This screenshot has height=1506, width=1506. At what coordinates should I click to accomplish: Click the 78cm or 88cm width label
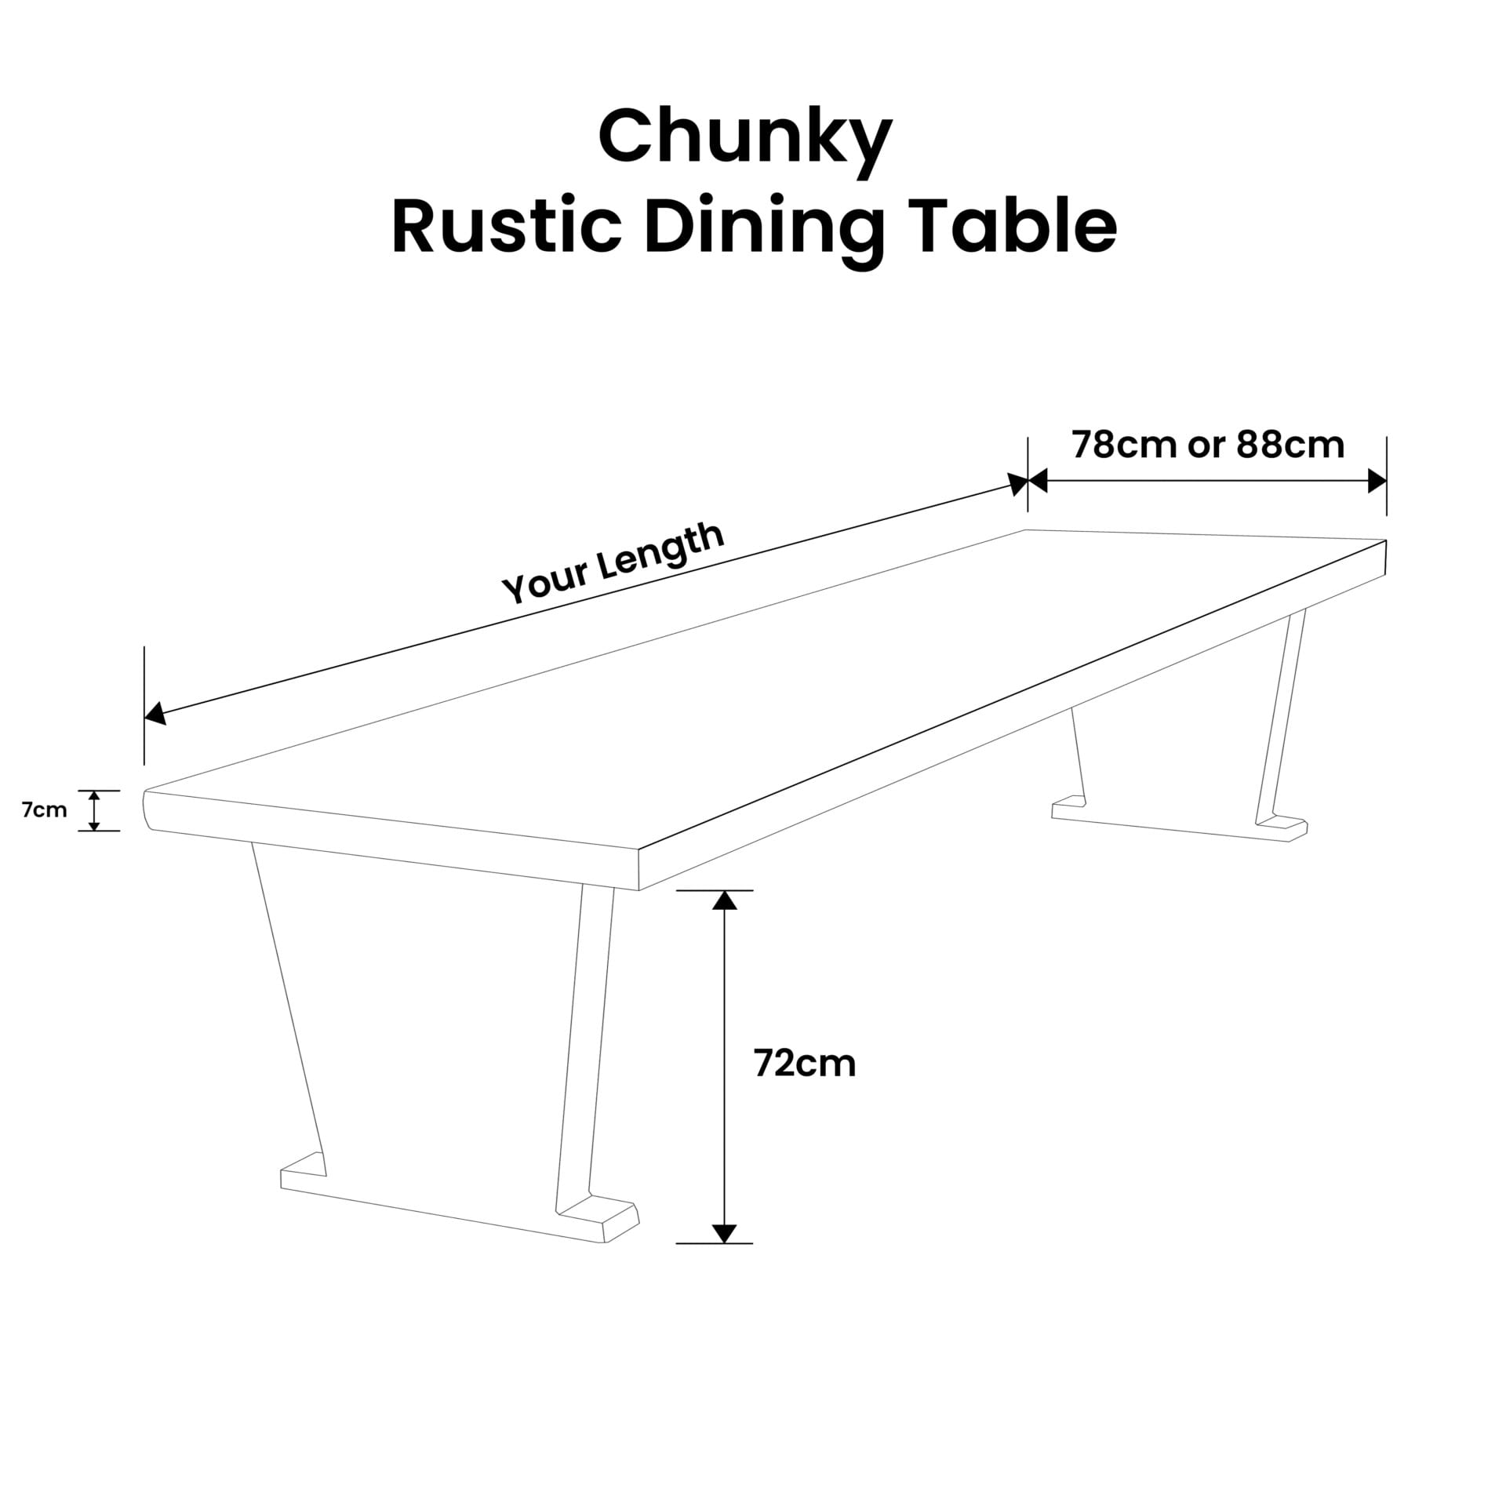pyautogui.click(x=1208, y=445)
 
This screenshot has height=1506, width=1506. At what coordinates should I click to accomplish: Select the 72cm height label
pyautogui.click(x=805, y=1064)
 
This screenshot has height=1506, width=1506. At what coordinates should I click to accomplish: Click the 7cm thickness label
pyautogui.click(x=45, y=810)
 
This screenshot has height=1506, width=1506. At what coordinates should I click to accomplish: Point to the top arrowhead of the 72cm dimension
pyautogui.click(x=724, y=900)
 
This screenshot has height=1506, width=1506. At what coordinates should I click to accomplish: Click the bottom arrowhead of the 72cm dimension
pyautogui.click(x=724, y=1234)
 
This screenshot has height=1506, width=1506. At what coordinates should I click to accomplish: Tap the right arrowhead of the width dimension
pyautogui.click(x=1377, y=481)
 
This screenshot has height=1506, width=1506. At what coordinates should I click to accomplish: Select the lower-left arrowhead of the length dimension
pyautogui.click(x=155, y=714)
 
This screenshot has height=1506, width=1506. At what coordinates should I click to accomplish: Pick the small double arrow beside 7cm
pyautogui.click(x=94, y=810)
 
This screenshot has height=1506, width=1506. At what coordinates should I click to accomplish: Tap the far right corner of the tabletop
pyautogui.click(x=1386, y=540)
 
